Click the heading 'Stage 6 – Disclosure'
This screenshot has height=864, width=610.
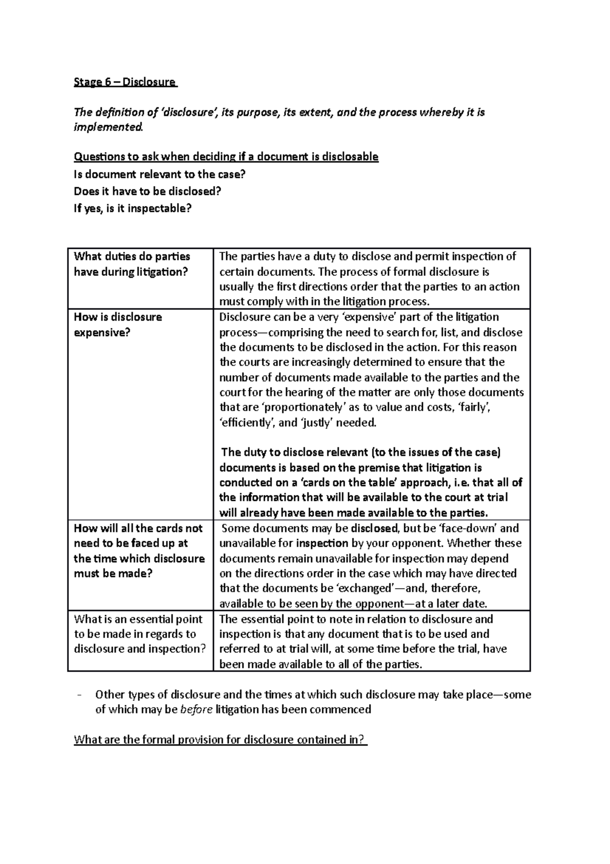pos(125,82)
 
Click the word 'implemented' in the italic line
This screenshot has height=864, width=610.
pos(108,127)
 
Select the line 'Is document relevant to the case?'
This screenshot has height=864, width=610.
pos(160,175)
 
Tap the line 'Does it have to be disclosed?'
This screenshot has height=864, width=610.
pos(148,191)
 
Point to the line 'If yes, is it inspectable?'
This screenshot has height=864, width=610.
pos(133,208)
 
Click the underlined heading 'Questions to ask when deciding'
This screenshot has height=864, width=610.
pos(226,157)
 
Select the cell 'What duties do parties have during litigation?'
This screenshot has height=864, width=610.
pos(132,264)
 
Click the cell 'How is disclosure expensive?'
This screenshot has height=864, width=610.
pos(118,325)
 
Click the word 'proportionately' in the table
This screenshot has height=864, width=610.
pos(295,408)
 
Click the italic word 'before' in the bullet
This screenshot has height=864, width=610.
pos(196,710)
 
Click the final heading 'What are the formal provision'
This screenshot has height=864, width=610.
pos(220,740)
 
